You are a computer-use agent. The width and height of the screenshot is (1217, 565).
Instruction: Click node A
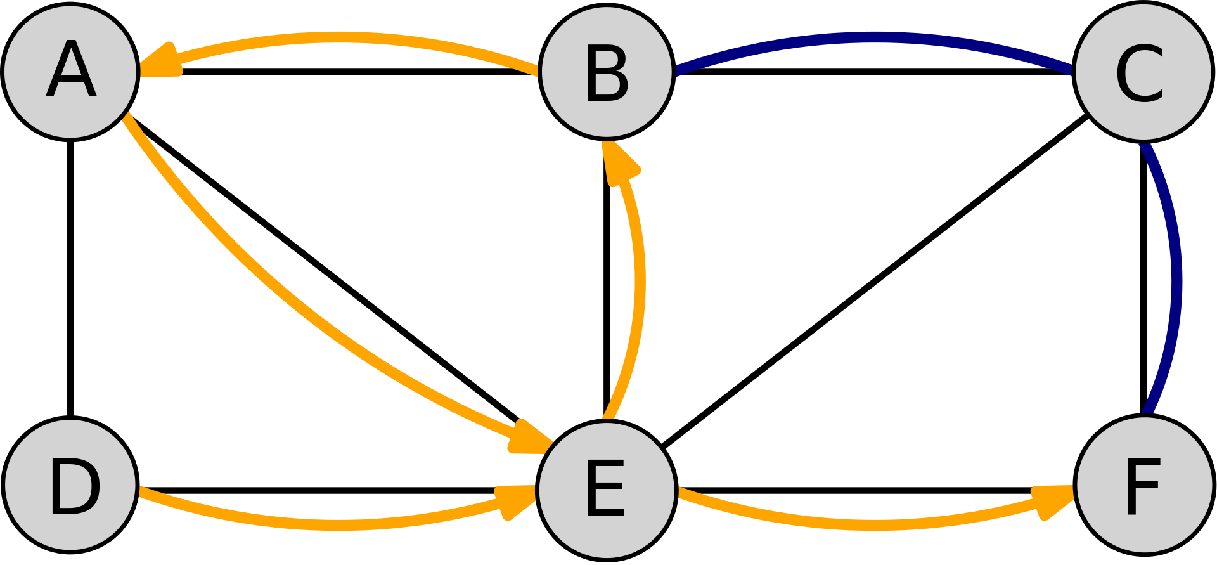[x=70, y=71]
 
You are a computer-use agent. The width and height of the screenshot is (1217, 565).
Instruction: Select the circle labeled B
[x=607, y=71]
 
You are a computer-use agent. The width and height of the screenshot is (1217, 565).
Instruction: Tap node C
[x=1143, y=72]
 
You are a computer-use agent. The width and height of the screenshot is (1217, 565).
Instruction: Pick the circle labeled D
[x=70, y=485]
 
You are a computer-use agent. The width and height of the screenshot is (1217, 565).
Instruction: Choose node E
[x=607, y=490]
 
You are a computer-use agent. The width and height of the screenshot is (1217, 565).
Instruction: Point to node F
[x=1144, y=485]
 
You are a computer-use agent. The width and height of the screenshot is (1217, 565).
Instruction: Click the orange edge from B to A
[x=342, y=37]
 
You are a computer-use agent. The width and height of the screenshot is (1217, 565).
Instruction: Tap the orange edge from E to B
[x=639, y=279]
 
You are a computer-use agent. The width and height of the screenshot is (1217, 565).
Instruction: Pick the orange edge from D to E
[x=336, y=524]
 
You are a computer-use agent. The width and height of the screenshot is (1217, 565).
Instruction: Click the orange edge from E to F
[x=875, y=525]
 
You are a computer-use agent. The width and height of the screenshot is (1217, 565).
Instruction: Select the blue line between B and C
[x=875, y=37]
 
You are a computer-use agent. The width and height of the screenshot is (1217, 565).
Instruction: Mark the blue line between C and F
[x=1176, y=279]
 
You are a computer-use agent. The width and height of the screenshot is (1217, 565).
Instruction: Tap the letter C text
[x=1140, y=74]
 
